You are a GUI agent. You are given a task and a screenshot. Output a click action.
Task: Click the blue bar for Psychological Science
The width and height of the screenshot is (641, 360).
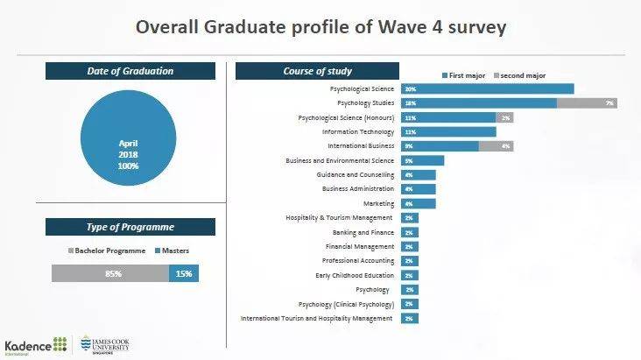click(x=488, y=88)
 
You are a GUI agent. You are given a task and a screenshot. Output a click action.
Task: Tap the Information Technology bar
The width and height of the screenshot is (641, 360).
click(x=448, y=131)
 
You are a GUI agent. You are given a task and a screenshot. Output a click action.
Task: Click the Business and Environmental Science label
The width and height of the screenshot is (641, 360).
click(x=340, y=160)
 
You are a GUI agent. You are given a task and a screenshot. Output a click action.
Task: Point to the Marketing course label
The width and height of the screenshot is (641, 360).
click(x=378, y=203)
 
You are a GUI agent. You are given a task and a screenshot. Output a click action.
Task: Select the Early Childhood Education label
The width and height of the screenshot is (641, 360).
click(x=354, y=275)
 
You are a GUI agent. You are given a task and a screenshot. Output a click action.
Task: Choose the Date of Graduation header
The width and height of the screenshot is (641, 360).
click(x=130, y=71)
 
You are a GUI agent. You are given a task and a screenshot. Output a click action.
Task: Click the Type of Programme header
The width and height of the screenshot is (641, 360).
click(x=130, y=227)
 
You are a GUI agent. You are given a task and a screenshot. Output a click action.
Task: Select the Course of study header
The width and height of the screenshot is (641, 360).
click(x=317, y=71)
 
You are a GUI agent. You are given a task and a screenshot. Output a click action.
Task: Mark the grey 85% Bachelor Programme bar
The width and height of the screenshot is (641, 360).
click(x=109, y=273)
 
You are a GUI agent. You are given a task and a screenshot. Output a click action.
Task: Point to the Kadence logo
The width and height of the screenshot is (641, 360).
click(x=36, y=344)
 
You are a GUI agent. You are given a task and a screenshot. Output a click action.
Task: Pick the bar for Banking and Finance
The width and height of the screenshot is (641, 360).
click(x=410, y=232)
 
